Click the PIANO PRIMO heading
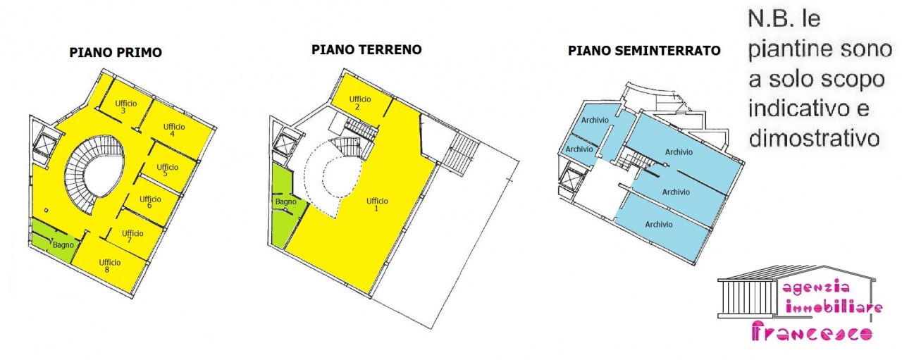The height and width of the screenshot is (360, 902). pos(116,52)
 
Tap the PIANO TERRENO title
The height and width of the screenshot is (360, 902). pos(366,50)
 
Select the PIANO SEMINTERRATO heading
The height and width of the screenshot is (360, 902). pos(644,51)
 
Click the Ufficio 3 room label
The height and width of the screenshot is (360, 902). pos(125,107)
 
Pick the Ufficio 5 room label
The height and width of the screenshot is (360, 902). pos(166,170)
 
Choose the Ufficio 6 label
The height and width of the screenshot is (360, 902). pos(150,202)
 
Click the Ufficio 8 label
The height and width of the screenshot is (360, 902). pos(109,266)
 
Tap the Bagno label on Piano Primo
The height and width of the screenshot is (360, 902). pos(63,244)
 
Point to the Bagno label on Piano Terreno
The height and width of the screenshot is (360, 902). pos(286,202)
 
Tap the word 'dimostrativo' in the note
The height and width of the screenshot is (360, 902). pos(814,137)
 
